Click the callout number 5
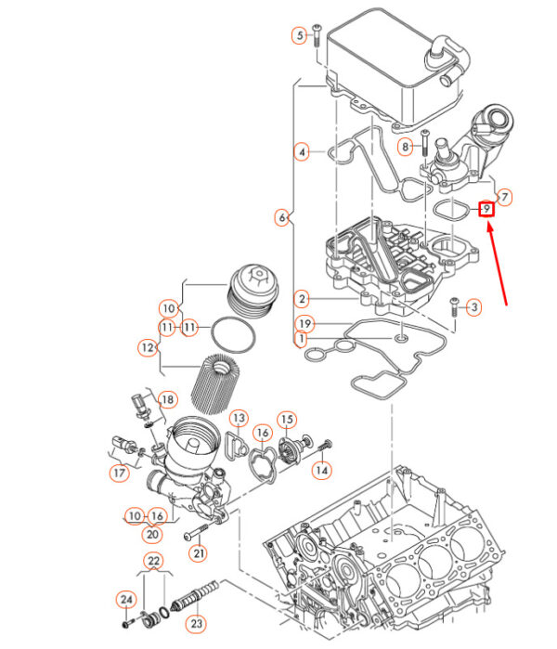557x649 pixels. click(x=300, y=36)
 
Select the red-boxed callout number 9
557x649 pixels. click(x=486, y=210)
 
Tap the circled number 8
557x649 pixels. click(x=405, y=147)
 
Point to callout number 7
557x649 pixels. click(x=504, y=197)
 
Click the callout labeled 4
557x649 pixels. click(x=302, y=151)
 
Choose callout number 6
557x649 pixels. click(x=281, y=218)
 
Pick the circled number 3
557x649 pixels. click(x=473, y=307)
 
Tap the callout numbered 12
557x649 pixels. click(x=148, y=348)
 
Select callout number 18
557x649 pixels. click(x=167, y=400)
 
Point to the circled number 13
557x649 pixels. click(x=239, y=419)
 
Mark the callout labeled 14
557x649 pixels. click(x=321, y=471)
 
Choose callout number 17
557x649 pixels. click(x=119, y=473)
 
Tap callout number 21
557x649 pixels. click(x=198, y=553)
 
